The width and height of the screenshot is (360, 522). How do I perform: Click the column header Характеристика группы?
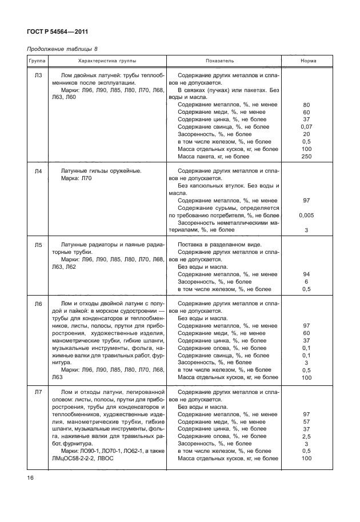pos(107,61)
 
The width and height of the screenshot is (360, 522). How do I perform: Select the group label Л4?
pos(37,171)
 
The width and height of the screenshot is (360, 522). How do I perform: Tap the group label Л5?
pos(37,245)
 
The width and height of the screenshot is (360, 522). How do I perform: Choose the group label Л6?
pos(37,304)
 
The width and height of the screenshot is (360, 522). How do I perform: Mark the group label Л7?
pos(37,392)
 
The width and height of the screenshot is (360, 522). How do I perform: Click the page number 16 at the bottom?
pos(30,477)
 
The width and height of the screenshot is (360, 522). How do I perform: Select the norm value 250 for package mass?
pos(306,157)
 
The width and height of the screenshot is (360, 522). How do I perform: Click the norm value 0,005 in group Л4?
pos(306,216)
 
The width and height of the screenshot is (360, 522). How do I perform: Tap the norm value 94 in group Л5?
pos(306,274)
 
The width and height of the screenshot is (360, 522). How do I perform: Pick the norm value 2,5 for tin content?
pos(306,436)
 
